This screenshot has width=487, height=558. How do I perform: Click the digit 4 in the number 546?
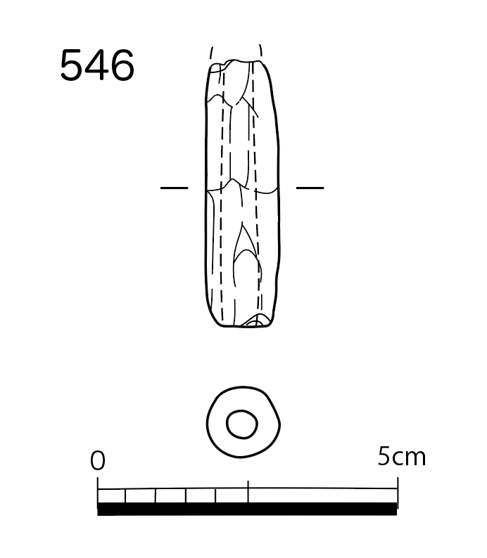click(x=97, y=65)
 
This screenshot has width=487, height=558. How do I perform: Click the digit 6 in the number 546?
click(x=122, y=65)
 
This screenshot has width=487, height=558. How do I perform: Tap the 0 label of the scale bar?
click(x=98, y=460)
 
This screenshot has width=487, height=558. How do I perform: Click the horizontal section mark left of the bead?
click(x=175, y=188)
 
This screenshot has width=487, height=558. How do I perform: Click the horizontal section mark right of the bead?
click(x=310, y=188)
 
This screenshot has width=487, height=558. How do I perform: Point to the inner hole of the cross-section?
click(x=242, y=424)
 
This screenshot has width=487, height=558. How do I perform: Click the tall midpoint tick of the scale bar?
click(x=248, y=491)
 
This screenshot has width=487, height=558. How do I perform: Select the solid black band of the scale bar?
click(x=247, y=509)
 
